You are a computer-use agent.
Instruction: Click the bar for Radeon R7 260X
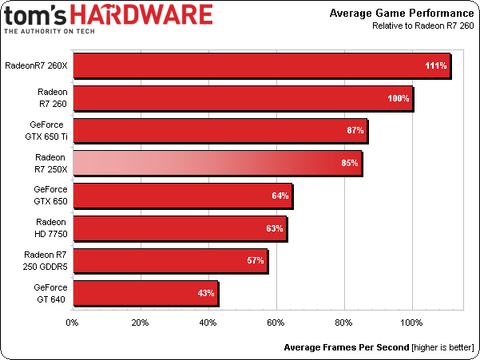tap(260, 66)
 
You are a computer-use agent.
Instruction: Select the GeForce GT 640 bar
tap(145, 294)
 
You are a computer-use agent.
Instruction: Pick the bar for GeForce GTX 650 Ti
tap(220, 131)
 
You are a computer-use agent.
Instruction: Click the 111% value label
tap(435, 66)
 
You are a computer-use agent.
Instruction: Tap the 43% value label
tap(206, 294)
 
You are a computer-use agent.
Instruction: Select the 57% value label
tap(255, 261)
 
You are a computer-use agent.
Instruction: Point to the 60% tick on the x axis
tap(276, 323)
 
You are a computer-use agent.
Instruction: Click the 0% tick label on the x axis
tap(72, 323)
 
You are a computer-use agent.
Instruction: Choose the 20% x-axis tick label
tap(140, 323)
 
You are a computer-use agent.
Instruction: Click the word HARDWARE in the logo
tap(149, 16)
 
